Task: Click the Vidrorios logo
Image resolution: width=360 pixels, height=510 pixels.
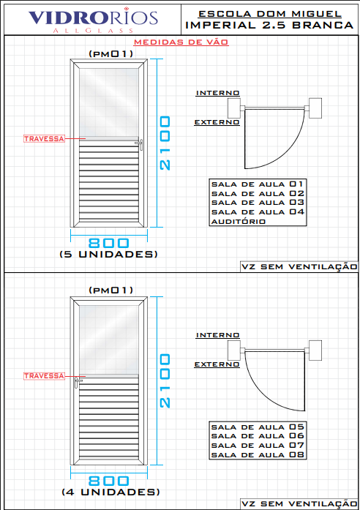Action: (93, 20)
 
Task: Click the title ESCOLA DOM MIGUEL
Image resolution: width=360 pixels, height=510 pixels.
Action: (270, 14)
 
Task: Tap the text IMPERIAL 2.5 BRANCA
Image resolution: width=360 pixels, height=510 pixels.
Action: (269, 25)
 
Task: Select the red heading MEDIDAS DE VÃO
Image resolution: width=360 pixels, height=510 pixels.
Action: (181, 42)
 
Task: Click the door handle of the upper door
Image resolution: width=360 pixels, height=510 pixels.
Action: (140, 144)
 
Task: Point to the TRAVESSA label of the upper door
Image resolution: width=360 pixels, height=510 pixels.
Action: (44, 138)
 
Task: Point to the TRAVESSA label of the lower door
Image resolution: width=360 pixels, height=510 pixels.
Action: (44, 375)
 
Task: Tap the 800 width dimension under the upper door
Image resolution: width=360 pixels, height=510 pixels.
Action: (108, 243)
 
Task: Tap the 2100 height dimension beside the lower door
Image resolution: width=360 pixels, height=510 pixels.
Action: (165, 380)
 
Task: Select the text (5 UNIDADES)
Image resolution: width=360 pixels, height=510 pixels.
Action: (108, 255)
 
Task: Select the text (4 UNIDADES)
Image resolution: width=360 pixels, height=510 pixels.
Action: (110, 492)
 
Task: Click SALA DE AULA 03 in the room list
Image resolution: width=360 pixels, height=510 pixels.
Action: (258, 203)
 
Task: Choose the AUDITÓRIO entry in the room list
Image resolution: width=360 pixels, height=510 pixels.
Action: (239, 222)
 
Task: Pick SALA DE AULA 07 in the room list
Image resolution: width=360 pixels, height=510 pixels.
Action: (258, 446)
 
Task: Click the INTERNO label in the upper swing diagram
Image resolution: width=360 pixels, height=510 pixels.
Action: (217, 93)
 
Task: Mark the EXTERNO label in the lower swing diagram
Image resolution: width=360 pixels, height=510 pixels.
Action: (217, 364)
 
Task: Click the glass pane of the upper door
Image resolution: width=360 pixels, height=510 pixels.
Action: (109, 102)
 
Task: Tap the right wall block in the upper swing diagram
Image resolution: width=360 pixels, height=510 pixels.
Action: (315, 108)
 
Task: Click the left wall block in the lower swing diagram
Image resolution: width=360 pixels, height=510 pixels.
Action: (234, 350)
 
